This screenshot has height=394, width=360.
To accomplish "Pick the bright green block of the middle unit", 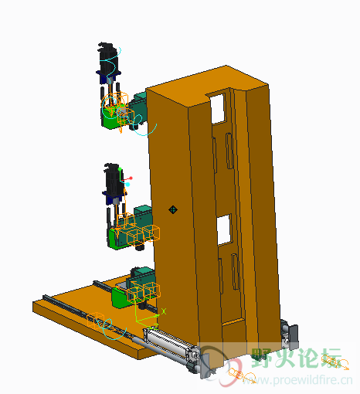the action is (x=115, y=239).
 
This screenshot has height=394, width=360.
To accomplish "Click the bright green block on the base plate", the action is (x=121, y=297).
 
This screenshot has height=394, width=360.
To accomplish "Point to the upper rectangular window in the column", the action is (x=219, y=109).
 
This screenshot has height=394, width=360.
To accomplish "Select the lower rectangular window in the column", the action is (x=223, y=229).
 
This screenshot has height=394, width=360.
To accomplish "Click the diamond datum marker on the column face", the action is (x=173, y=209).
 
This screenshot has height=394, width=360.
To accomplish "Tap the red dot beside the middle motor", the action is (x=131, y=178).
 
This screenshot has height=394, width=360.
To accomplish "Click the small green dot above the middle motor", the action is (x=120, y=169).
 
